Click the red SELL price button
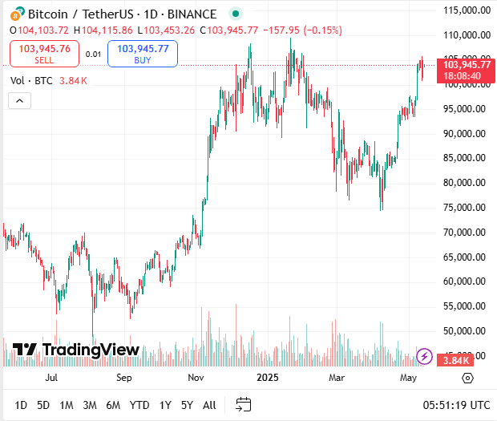tap(45, 53)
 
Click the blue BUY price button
tap(143, 53)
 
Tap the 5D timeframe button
tap(43, 405)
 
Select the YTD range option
tap(139, 405)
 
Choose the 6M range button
tap(113, 405)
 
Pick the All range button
tap(209, 405)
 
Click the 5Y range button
tap(187, 405)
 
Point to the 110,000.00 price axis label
tap(467, 35)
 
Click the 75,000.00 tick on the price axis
tap(468, 208)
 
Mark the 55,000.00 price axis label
tap(468, 306)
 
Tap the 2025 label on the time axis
tap(265, 376)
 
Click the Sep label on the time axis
tap(123, 376)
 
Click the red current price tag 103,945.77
tap(466, 64)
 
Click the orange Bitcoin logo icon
tap(15, 14)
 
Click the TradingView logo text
tap(76, 350)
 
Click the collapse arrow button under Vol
tap(19, 100)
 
